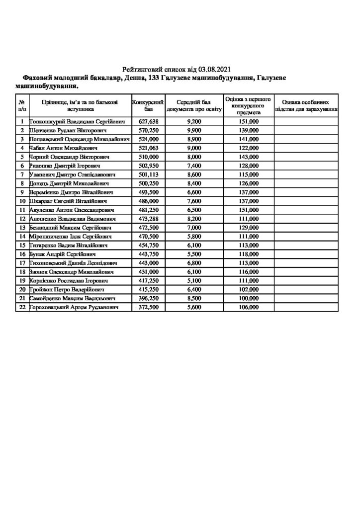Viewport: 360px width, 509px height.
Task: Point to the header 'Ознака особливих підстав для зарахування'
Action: point(306,104)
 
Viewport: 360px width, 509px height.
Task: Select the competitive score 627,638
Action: point(149,121)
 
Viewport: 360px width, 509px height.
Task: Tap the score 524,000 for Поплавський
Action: point(149,139)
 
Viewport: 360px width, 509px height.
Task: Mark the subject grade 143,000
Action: point(249,157)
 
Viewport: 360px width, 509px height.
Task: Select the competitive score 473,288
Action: point(149,219)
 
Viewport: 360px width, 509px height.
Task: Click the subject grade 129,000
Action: point(249,228)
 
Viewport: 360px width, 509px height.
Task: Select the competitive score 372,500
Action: point(149,308)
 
